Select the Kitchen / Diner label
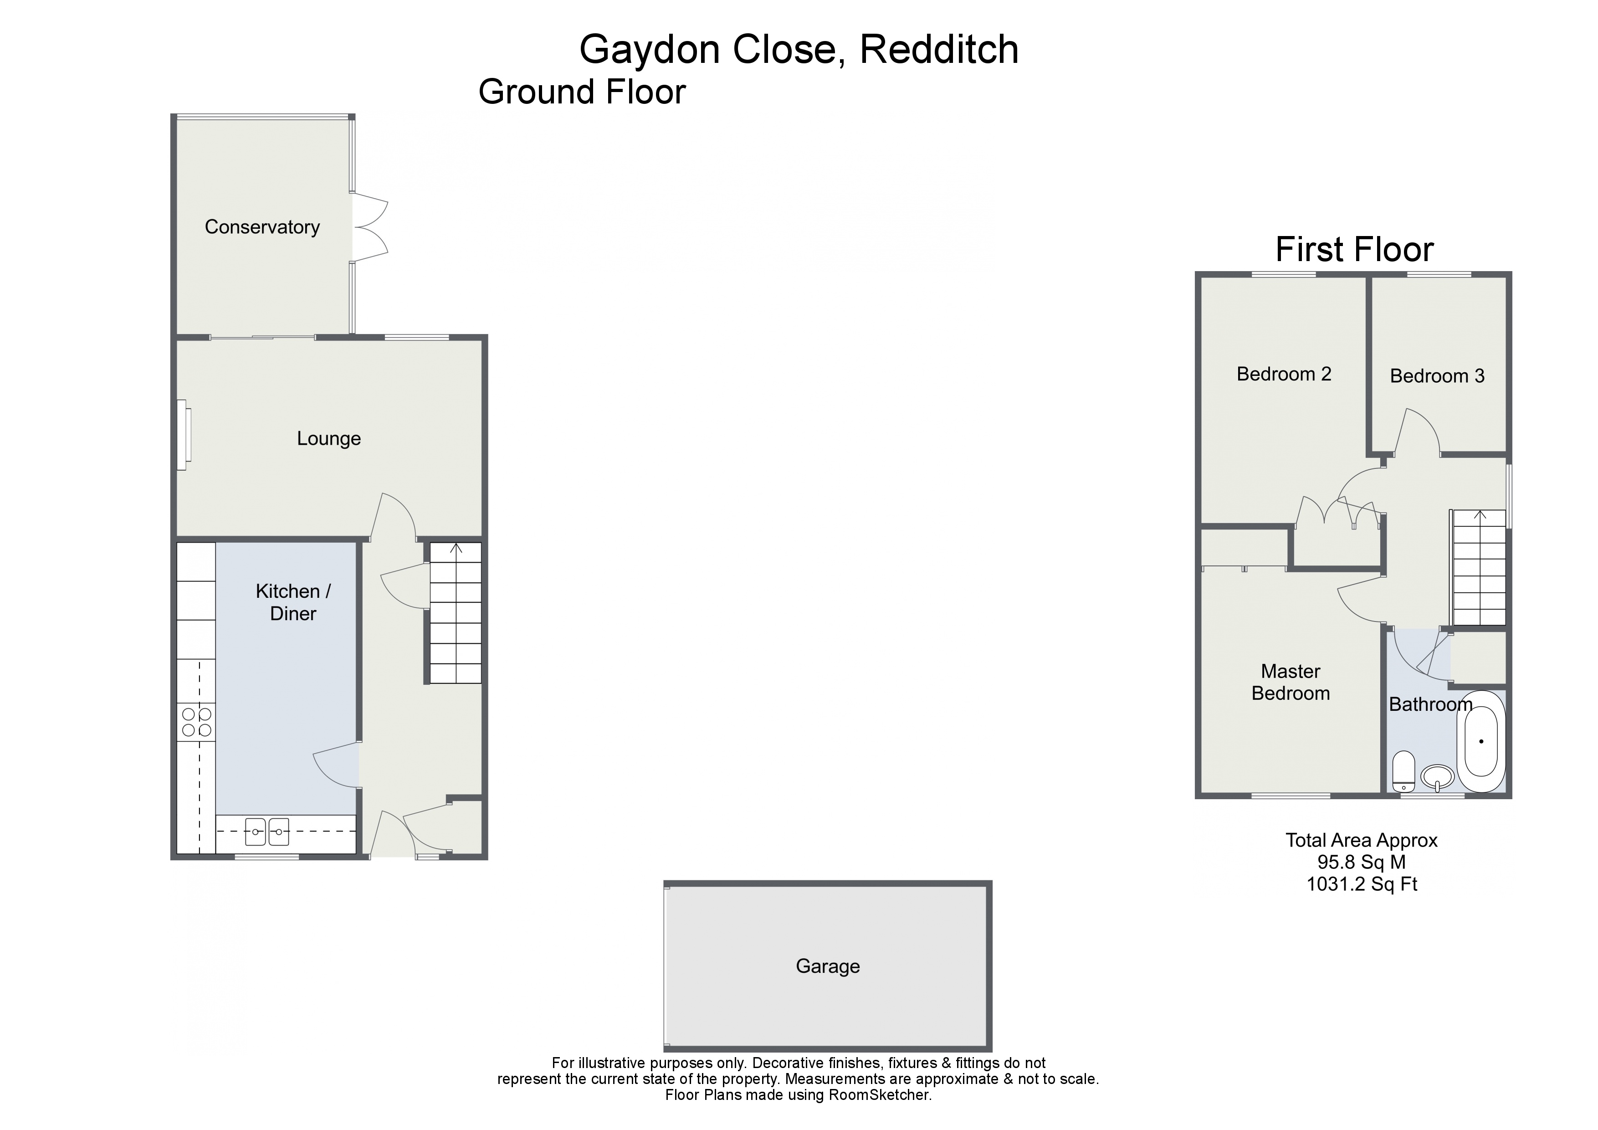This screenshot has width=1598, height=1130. coord(293,602)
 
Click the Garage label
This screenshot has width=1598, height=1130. coord(828,966)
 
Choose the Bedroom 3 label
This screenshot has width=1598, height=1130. coord(1437,376)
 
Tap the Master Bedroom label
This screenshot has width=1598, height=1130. coord(1291,682)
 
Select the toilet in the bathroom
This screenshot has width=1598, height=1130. coord(1403,771)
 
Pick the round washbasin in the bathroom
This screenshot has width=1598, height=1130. coord(1437,776)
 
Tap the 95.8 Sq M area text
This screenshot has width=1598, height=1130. coord(1362,862)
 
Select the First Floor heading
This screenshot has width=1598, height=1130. coord(1354,249)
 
